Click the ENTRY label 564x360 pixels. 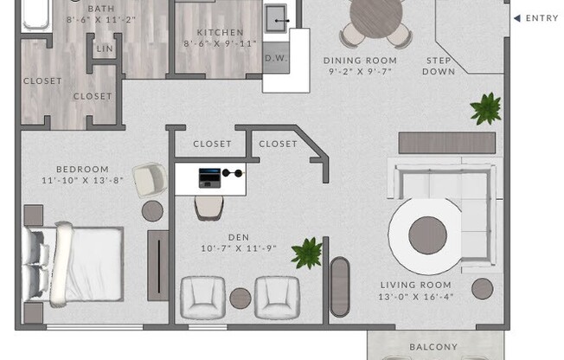point(542,18)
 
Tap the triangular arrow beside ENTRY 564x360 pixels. point(516,18)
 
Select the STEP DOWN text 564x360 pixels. point(439,66)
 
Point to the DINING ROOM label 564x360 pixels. point(360,61)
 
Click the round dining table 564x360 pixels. point(376,15)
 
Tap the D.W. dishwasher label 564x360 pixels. point(275,58)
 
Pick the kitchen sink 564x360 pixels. point(277,16)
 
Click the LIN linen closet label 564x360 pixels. point(104,48)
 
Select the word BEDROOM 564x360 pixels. point(82,169)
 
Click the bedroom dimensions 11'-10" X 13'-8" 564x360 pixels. point(82,181)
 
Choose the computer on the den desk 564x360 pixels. point(209,177)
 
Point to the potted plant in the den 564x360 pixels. point(306,253)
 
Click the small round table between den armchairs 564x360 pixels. point(240,299)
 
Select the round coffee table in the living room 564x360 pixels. point(427,235)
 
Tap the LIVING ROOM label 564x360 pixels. point(416,285)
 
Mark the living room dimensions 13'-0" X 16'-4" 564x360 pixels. point(416,297)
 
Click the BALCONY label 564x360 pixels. point(433,347)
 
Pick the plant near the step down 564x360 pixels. point(485,108)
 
